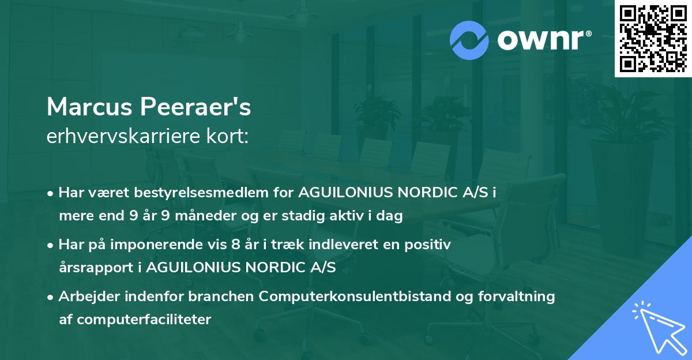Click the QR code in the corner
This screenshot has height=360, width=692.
coord(653,39)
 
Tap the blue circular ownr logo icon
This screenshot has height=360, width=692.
coord(469,40)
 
